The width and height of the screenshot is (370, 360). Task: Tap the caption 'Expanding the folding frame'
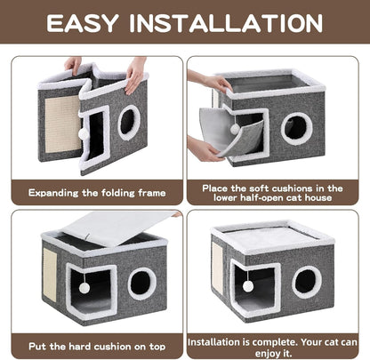pos(92,190)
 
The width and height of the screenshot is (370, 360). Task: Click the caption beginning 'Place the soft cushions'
pos(277,190)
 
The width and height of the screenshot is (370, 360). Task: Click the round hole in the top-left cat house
pos(129,122)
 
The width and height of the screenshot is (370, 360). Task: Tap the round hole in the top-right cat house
pos(296,127)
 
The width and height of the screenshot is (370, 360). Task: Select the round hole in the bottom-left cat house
pos(140,283)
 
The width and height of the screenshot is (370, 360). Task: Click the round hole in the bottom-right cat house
pos(307,282)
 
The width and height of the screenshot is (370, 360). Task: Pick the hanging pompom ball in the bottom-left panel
pos(84,288)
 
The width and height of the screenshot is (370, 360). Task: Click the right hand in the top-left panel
pos(134,70)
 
